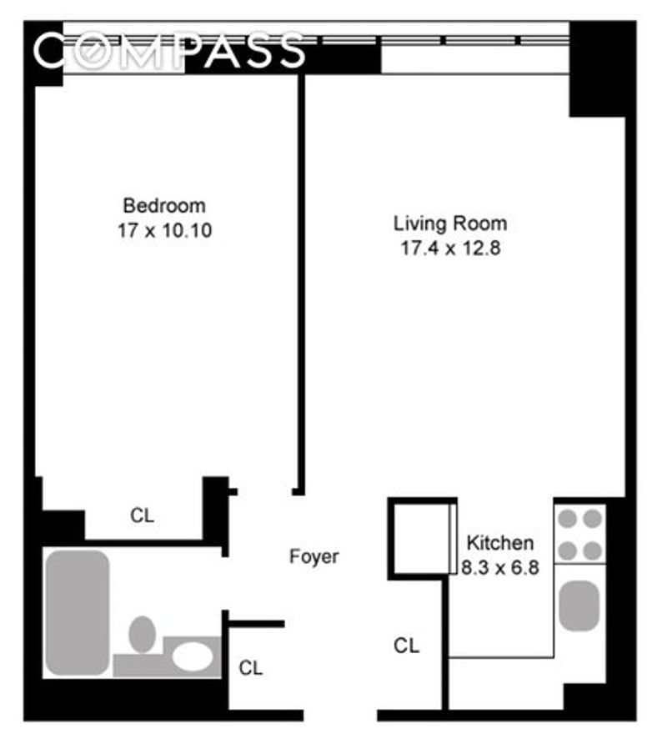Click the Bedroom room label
point(164,206)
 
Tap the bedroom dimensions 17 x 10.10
point(164,230)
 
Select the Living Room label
point(450,224)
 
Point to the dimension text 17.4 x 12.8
point(450,248)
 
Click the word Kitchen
point(500,543)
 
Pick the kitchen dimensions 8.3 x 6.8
point(500,567)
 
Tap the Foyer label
point(313,556)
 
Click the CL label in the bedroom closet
point(143,515)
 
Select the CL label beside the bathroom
point(251,668)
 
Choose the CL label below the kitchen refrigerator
point(407,646)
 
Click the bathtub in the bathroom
point(78,613)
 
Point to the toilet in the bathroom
point(143,635)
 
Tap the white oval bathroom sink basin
point(193,656)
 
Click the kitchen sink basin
point(579,606)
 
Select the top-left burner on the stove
point(568,519)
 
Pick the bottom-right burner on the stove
point(593,550)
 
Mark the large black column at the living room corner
point(597,69)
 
